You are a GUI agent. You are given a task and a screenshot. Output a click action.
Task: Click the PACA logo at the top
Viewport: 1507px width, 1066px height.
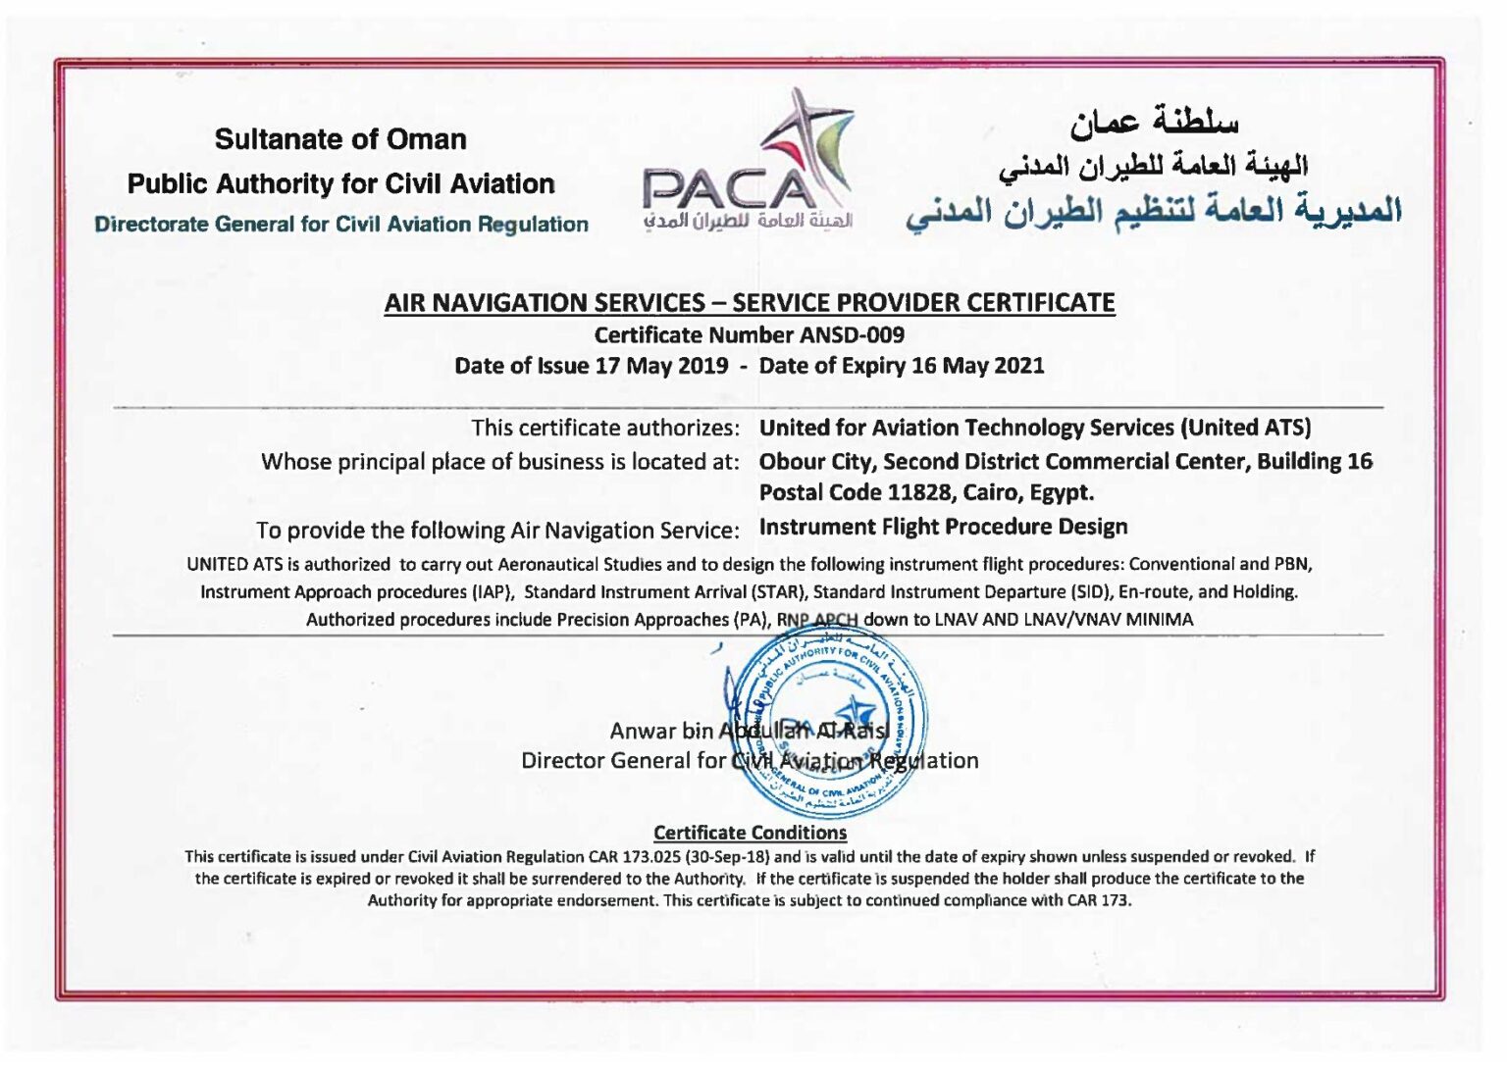tap(749, 162)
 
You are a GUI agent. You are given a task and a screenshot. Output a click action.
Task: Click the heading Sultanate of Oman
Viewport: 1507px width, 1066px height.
tap(340, 139)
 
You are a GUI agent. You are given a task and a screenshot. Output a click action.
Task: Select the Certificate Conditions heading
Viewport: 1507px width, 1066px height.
tap(750, 833)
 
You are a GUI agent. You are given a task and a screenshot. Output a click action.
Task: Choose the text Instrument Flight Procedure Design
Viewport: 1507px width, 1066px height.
tap(943, 528)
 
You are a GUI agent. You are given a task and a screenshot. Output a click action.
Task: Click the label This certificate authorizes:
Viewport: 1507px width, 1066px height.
tap(604, 429)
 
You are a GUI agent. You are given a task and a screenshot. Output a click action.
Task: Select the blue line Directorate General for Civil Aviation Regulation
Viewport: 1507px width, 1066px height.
tap(341, 225)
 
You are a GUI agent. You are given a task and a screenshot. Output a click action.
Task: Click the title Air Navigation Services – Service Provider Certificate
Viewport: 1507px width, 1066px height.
tap(750, 303)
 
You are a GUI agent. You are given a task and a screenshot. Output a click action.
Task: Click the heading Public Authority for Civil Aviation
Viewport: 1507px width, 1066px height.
tap(340, 184)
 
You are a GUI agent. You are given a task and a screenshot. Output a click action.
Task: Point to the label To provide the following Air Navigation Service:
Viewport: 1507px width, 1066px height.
tap(497, 531)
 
